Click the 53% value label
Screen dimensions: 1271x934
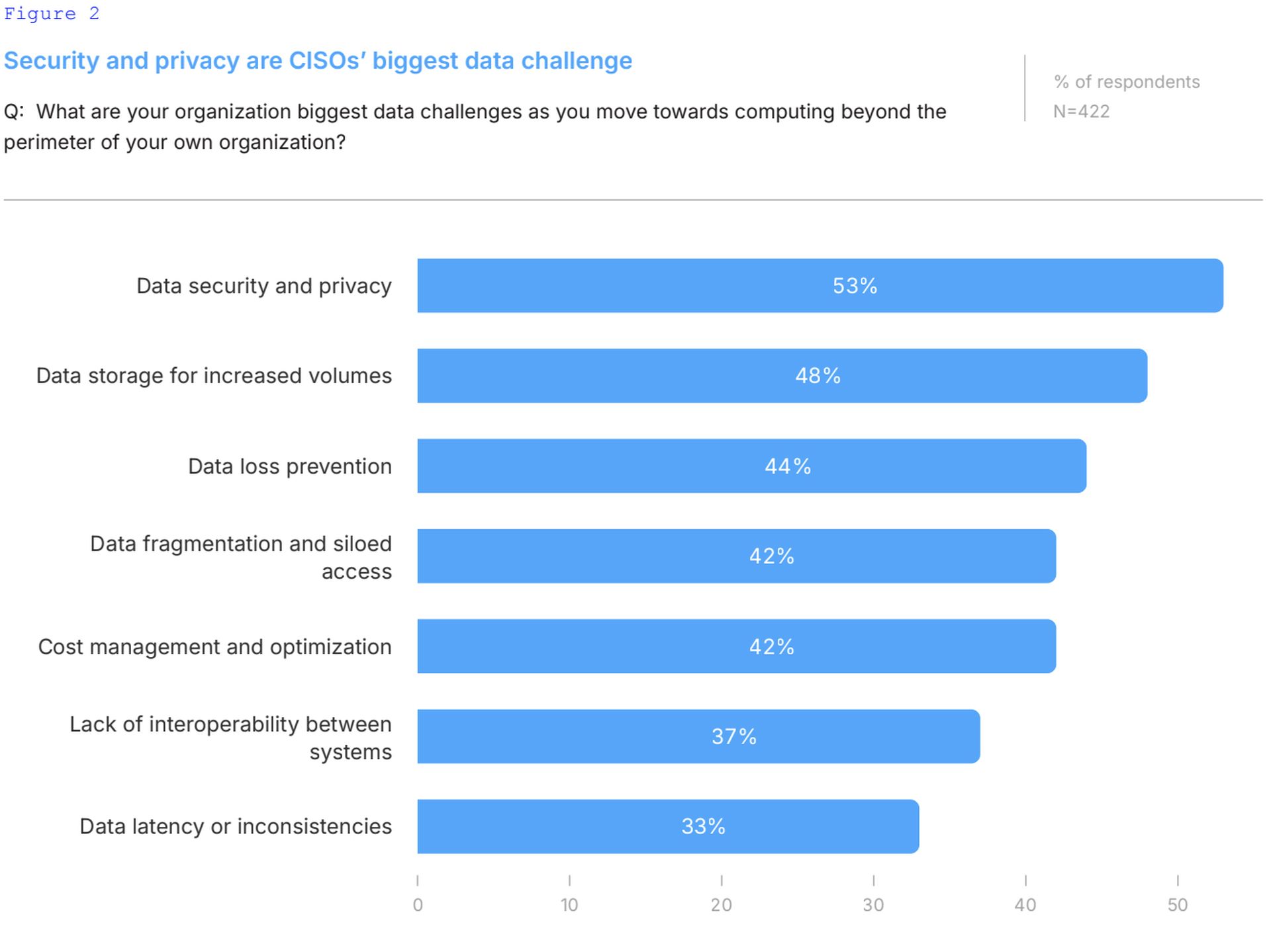tap(855, 286)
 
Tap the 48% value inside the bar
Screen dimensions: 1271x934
tap(818, 376)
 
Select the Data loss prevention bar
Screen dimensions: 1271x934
tap(751, 466)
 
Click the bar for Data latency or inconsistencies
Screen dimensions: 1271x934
tap(668, 826)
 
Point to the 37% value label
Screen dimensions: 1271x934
tap(734, 736)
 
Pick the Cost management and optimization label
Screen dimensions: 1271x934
tap(214, 646)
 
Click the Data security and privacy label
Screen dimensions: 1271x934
tap(264, 286)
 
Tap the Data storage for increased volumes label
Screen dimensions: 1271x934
tap(214, 376)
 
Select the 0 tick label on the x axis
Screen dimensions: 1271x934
tap(418, 905)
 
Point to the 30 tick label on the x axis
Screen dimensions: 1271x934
tap(873, 905)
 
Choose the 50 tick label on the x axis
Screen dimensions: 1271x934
tap(1177, 905)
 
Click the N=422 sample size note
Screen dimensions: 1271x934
tap(1081, 111)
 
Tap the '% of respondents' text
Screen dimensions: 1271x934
tap(1127, 82)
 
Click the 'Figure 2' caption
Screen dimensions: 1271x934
tap(52, 14)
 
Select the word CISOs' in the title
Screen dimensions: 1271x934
tap(327, 61)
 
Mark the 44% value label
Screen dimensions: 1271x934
tap(788, 466)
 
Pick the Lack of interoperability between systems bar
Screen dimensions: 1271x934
tap(698, 736)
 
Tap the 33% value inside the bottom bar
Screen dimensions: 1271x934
tap(703, 826)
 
